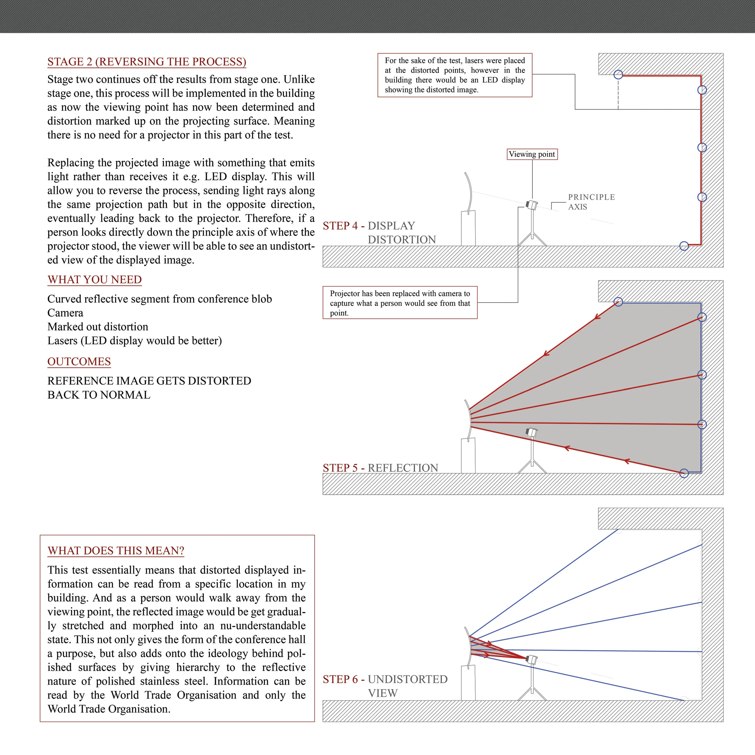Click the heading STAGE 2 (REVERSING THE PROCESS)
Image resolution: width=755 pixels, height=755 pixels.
click(146, 62)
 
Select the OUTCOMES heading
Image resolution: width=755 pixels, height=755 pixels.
click(79, 361)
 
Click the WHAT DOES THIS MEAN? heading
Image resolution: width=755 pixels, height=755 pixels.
click(116, 551)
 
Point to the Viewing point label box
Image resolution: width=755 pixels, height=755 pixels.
click(532, 154)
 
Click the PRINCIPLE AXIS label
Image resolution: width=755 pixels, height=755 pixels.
click(591, 202)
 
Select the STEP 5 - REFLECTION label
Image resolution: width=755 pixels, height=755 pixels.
click(380, 468)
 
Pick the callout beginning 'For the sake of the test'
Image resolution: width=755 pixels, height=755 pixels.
click(455, 75)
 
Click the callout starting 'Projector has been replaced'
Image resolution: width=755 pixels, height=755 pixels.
click(400, 303)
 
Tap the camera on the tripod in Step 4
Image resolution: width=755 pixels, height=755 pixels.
click(532, 204)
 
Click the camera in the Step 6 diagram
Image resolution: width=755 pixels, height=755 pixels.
click(532, 659)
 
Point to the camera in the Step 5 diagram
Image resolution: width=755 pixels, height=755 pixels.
click(532, 432)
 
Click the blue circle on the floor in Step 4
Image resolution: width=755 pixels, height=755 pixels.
click(684, 246)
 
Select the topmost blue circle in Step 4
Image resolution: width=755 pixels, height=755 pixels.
click(618, 74)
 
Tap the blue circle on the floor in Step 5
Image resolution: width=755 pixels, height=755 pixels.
click(684, 473)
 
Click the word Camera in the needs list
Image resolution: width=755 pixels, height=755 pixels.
click(65, 313)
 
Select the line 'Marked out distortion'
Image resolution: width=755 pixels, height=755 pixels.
click(98, 327)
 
